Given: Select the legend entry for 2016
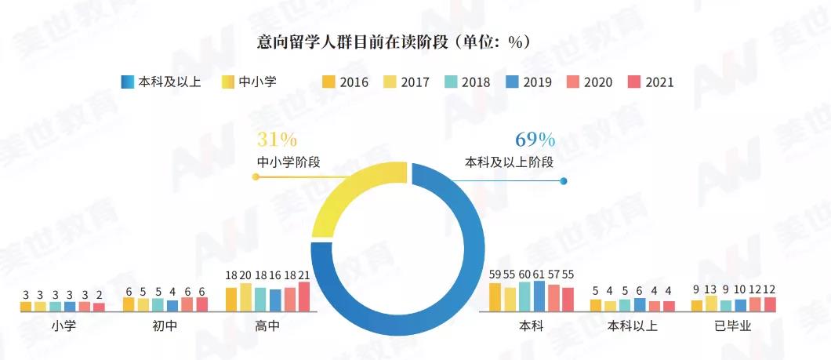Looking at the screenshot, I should pos(346,82).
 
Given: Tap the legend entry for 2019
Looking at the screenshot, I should pos(528,82).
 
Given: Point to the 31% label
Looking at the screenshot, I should pos(277,140).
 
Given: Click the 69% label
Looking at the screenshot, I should pos(535,140).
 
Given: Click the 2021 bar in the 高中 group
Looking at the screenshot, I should pos(304,296).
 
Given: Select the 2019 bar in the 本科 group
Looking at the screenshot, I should pos(539,296).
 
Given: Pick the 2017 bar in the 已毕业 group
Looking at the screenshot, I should pos(711,304).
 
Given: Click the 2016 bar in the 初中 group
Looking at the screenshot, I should pos(129,304).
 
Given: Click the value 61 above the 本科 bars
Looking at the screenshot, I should pos(539,275).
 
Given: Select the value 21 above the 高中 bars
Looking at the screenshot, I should pos(304,275).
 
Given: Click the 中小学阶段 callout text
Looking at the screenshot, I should pos(288,162).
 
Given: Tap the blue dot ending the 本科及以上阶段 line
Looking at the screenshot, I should pos(563,181).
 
